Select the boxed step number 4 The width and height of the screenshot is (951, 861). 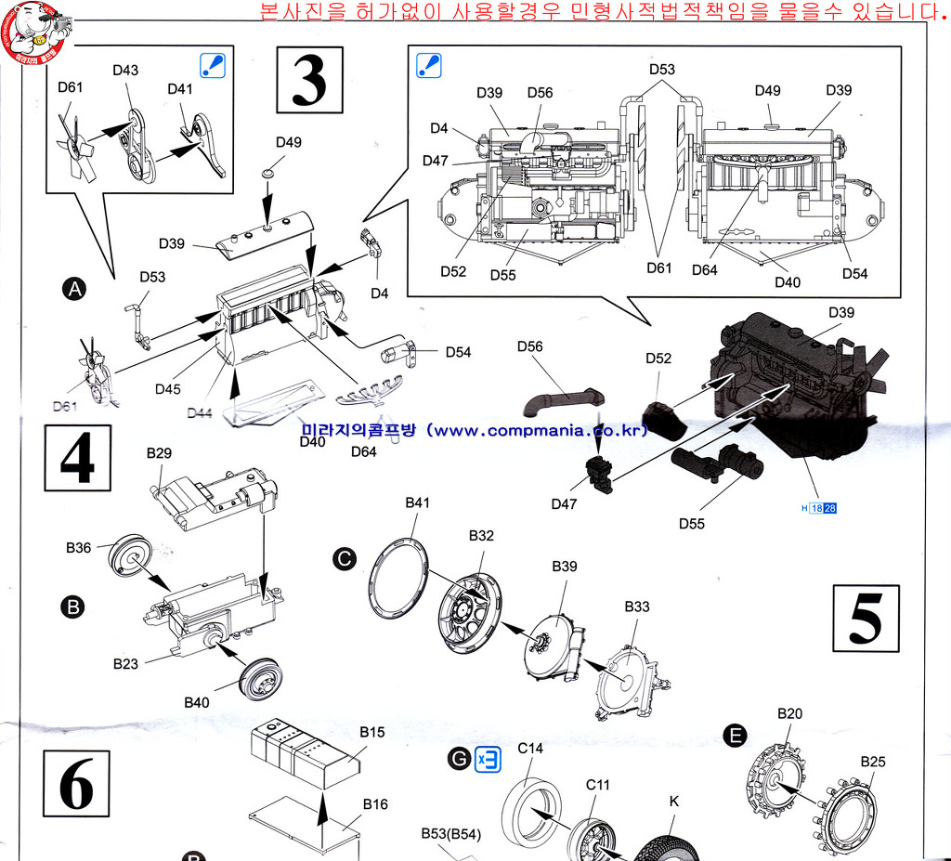pos(78,457)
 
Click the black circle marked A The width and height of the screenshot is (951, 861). pos(73,290)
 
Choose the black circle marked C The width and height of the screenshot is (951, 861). pos(345,558)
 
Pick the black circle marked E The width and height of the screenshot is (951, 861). pos(735,737)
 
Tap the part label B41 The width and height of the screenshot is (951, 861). pos(417,502)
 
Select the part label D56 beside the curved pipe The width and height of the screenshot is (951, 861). pos(529,346)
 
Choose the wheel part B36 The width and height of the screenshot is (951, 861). pos(128,554)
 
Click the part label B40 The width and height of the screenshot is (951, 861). pos(197,702)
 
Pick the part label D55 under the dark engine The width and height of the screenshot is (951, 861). pos(691,524)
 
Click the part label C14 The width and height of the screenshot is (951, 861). pos(530,748)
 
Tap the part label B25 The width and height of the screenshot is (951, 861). pos(872,762)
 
